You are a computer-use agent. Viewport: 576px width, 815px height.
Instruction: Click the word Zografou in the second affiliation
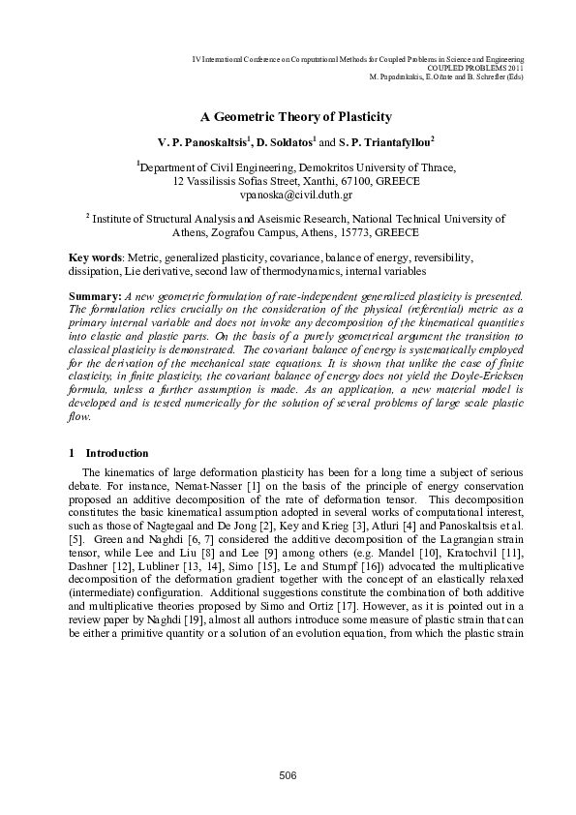coord(230,233)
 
